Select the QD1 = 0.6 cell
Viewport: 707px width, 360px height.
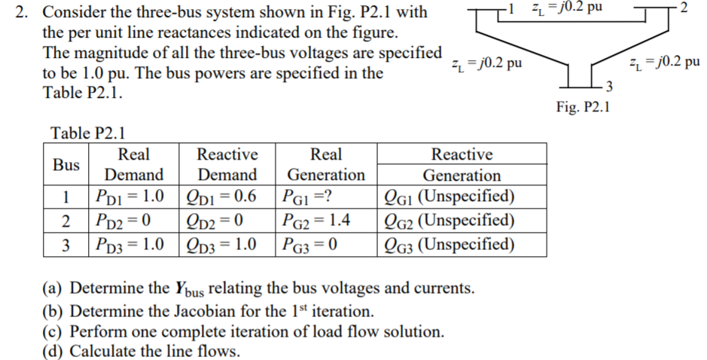pos(227,197)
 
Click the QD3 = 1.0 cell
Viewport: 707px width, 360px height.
pos(227,246)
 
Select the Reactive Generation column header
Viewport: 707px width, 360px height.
pos(462,165)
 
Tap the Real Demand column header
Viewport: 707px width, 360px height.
pos(133,165)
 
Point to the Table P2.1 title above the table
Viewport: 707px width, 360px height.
pos(87,133)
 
